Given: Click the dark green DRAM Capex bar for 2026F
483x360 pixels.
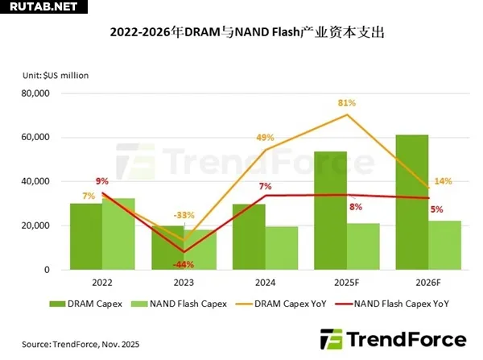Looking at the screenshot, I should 411,201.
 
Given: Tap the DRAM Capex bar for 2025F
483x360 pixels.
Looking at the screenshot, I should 330,209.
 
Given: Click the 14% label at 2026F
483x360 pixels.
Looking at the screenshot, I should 443,181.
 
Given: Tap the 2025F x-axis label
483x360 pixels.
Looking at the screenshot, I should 347,283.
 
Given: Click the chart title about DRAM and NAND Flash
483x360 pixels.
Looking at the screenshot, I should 242,33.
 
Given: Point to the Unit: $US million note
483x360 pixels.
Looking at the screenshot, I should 56,75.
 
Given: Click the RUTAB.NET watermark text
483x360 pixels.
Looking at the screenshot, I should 40,7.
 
